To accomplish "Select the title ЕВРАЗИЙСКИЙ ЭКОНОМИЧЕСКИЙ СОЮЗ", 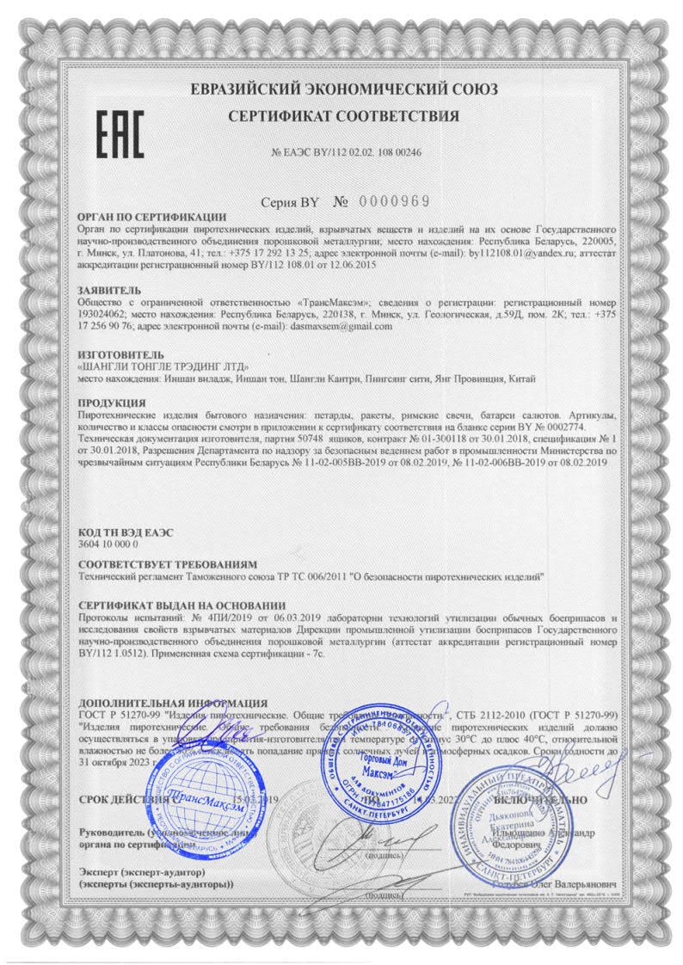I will click(x=343, y=89).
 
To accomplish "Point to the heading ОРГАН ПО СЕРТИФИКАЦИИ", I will click(x=151, y=218).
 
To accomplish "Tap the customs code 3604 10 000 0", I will click(x=107, y=545).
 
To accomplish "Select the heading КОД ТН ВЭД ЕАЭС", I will click(x=125, y=533).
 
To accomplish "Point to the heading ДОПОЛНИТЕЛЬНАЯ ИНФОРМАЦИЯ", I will click(x=172, y=703).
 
